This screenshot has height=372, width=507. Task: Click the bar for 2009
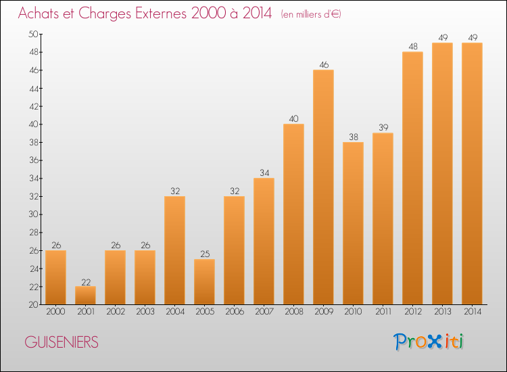point(323,187)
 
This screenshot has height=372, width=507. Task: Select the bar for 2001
point(85,296)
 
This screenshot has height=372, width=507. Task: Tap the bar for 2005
point(204,282)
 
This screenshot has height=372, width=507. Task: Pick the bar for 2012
point(412,178)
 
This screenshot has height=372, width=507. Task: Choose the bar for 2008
point(293,214)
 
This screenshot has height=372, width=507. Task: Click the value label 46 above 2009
point(323,65)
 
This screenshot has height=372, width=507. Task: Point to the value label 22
point(85,281)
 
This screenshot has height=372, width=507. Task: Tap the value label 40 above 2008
point(293,119)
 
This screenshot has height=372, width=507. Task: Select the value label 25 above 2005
point(204,254)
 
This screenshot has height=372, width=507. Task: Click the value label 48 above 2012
point(412,47)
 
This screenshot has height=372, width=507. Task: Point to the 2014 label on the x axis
point(472,312)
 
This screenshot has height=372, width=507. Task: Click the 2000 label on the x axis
point(55,312)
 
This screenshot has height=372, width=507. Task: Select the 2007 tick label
point(264,312)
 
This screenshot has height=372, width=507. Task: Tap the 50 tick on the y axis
point(32,34)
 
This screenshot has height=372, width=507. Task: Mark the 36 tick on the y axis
point(32,160)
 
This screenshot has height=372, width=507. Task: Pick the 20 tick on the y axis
point(32,304)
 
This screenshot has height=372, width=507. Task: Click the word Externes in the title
point(154,14)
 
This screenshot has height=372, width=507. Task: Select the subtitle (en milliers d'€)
point(311,14)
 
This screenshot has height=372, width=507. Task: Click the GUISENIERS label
point(62,342)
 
